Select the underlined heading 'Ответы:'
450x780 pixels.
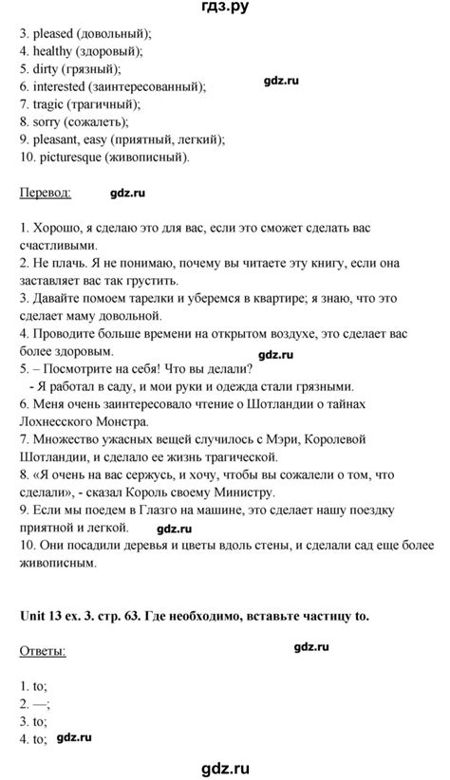pos(43,653)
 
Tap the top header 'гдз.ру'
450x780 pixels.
pos(225,9)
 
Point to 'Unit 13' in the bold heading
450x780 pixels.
pos(41,617)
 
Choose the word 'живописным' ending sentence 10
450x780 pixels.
pos(57,564)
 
